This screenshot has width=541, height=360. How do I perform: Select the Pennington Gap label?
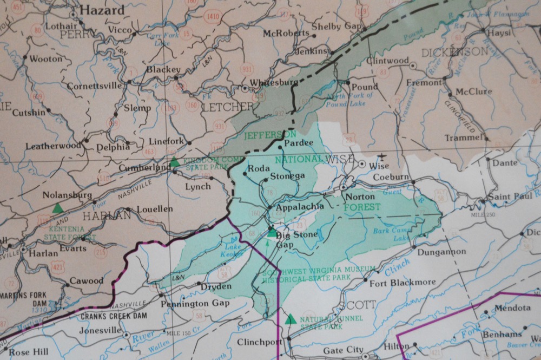click(x=196, y=303)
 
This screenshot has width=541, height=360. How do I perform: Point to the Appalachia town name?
click(x=300, y=206)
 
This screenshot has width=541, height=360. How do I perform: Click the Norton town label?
click(x=360, y=197)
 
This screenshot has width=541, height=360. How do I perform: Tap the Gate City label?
click(x=342, y=351)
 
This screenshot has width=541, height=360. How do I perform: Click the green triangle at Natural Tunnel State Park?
click(x=291, y=319)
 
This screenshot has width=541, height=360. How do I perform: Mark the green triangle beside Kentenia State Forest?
click(x=57, y=207)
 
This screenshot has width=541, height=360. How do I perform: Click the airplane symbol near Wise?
click(x=384, y=157)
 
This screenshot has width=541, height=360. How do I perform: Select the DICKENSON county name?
click(x=454, y=52)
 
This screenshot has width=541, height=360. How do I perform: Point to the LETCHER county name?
click(x=227, y=106)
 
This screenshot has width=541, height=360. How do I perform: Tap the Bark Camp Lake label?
click(x=392, y=234)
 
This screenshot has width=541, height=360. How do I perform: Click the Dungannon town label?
click(x=441, y=251)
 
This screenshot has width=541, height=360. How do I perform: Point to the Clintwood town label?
click(x=387, y=61)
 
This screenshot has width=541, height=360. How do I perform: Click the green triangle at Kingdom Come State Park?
click(x=174, y=162)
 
